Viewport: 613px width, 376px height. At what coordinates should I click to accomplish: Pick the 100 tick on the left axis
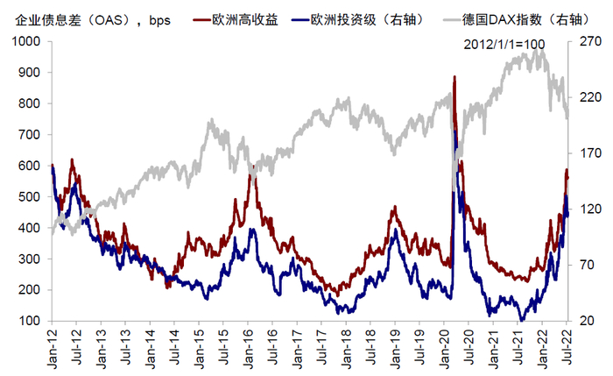32,321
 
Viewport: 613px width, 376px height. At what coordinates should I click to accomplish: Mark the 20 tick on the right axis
586,321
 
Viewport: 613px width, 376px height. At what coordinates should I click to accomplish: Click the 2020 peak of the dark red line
454,77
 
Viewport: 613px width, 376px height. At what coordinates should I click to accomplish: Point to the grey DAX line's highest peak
536,50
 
